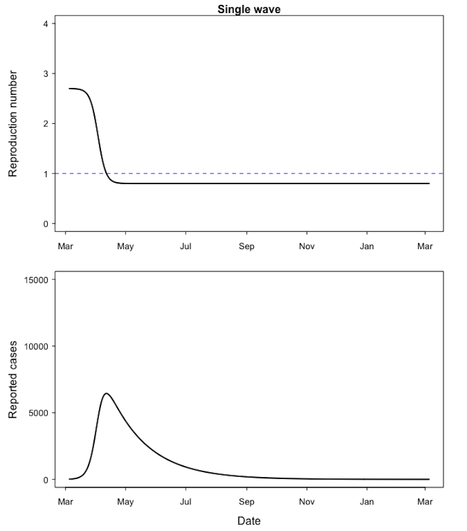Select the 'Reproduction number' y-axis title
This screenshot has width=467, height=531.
click(x=13, y=123)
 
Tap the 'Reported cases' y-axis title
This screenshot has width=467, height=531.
click(x=13, y=379)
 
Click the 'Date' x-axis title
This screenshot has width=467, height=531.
click(x=249, y=521)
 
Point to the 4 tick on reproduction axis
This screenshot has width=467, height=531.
click(x=45, y=24)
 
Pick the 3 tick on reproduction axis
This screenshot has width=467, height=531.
click(x=45, y=74)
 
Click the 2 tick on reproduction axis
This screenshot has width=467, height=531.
click(x=45, y=124)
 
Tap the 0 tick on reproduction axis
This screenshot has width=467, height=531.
click(x=45, y=224)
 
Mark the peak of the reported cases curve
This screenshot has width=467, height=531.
click(x=107, y=393)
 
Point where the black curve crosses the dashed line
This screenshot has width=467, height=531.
click(x=106, y=173)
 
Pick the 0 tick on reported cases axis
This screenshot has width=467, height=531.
click(x=45, y=480)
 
